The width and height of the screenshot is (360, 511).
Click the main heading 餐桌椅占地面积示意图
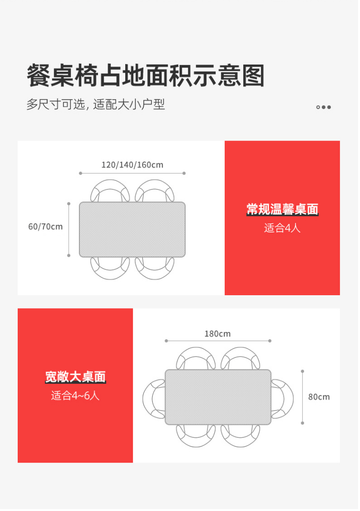[x=146, y=76]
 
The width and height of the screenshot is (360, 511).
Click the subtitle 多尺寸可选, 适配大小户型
[x=96, y=105]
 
